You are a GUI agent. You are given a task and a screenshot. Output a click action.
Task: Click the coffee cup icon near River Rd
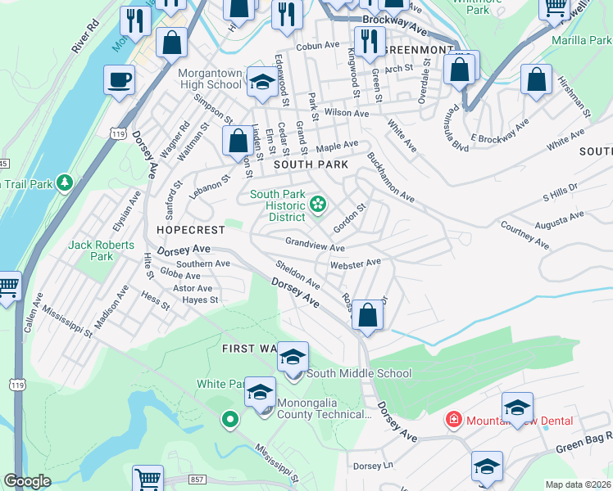point(120,81)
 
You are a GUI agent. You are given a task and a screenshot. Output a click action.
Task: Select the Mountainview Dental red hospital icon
point(452,420)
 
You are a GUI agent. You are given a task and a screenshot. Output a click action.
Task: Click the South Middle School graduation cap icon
point(293,358)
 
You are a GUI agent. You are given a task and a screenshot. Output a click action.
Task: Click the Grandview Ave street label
point(315,244)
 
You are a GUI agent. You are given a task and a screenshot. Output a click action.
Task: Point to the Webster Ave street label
point(356,264)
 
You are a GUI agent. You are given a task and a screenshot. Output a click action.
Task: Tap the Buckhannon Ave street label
point(391,178)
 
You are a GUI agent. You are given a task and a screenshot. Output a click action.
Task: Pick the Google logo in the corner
point(28,481)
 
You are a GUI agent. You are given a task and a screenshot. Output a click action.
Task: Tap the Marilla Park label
point(582,39)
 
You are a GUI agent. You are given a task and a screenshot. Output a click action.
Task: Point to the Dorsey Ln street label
point(373,466)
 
